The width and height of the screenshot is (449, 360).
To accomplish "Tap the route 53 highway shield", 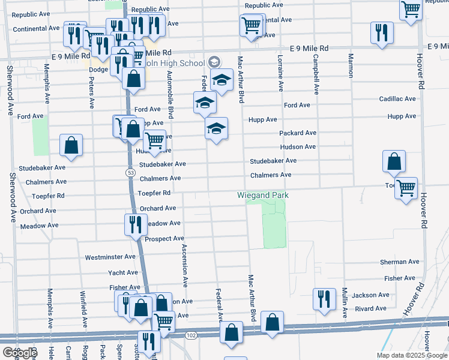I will tap(130, 172).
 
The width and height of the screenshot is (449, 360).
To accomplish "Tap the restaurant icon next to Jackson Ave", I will tap(324, 298).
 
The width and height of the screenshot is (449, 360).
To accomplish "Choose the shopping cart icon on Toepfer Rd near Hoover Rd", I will tap(406, 188).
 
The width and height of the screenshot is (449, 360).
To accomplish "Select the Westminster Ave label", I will tap(110, 257).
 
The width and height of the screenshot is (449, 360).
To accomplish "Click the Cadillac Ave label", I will tap(397, 99).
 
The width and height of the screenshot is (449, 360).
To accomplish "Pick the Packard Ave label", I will tap(298, 133).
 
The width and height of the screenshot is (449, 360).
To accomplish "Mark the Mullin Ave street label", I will tap(345, 302).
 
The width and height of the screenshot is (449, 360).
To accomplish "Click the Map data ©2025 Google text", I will tap(412, 355).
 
